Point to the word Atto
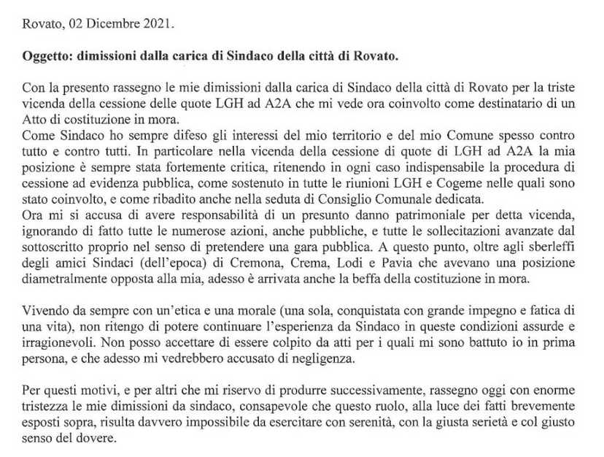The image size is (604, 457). tap(35, 119)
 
